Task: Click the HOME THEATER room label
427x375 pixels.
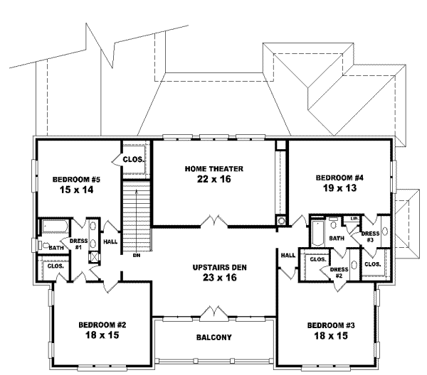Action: (x=214, y=168)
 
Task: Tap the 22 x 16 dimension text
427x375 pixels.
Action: (x=214, y=179)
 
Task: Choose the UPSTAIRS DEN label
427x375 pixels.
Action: (x=214, y=268)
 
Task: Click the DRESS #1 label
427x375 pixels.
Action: (x=78, y=244)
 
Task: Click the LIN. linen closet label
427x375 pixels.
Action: (x=352, y=219)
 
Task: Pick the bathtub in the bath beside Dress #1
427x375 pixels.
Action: (x=54, y=228)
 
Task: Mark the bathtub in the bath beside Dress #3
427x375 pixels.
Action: (x=317, y=233)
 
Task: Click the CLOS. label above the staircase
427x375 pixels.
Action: (x=133, y=160)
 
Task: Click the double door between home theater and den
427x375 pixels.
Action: (x=214, y=222)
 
